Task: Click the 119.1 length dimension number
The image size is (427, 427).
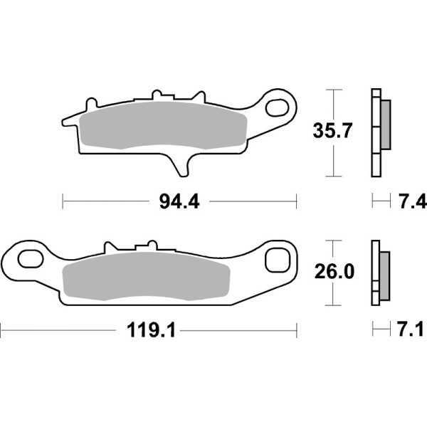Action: click(x=149, y=330)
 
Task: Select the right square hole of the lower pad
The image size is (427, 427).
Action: click(x=275, y=260)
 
